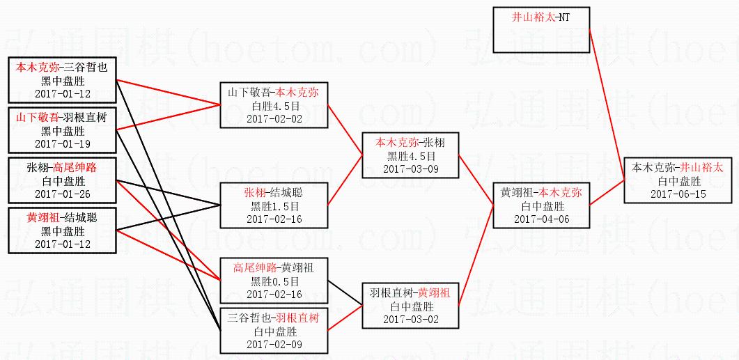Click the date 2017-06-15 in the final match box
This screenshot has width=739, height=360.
(x=678, y=194)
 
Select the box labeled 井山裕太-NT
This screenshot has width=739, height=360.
(x=541, y=30)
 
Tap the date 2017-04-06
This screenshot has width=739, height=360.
(x=541, y=219)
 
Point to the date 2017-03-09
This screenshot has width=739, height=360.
(x=411, y=169)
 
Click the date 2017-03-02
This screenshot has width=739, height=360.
(x=411, y=319)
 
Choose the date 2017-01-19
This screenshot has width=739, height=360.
(x=63, y=143)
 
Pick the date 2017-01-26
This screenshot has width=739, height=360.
(x=63, y=194)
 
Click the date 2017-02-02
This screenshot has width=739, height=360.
(x=274, y=118)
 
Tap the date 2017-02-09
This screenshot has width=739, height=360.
(x=274, y=344)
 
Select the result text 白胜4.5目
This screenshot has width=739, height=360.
(x=274, y=106)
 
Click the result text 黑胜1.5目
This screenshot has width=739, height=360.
(x=274, y=206)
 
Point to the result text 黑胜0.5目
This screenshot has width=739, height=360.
(x=274, y=281)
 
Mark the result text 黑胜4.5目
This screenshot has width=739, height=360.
(x=411, y=156)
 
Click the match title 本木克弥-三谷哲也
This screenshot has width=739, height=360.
(x=63, y=68)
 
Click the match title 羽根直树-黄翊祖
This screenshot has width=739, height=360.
(x=411, y=294)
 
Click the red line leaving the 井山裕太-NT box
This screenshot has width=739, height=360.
(x=606, y=97)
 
